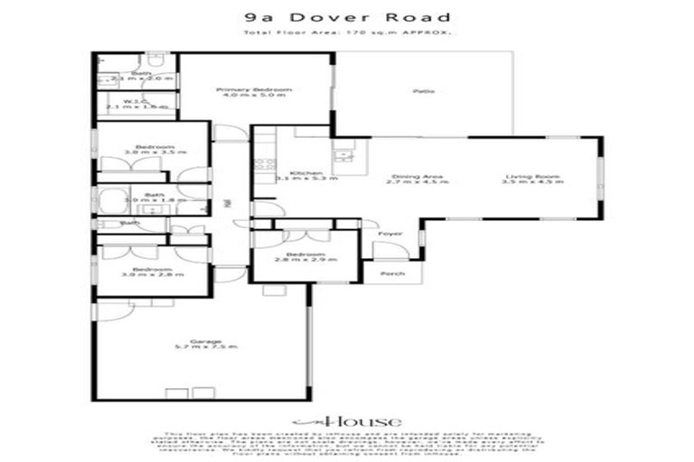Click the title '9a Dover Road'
[x=347, y=18]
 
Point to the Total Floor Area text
[x=347, y=33]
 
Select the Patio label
[x=419, y=91]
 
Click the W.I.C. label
[x=136, y=103]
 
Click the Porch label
[x=392, y=273]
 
